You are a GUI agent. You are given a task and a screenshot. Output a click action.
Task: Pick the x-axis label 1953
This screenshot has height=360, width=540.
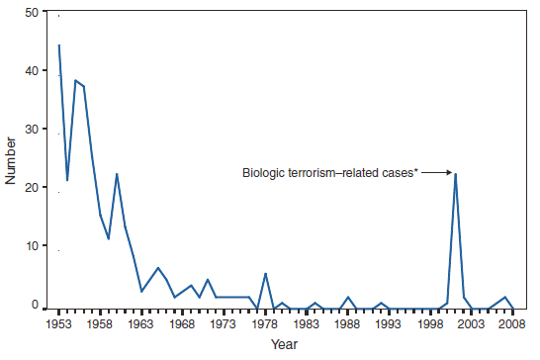point(58,323)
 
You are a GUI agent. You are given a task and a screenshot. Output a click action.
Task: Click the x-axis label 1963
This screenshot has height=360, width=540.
point(141,323)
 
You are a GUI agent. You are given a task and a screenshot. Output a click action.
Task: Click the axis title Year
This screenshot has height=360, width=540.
point(285,345)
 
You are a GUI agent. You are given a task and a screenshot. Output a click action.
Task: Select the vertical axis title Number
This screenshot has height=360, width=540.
point(11,160)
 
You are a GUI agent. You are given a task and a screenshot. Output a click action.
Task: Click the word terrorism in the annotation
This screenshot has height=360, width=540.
point(315,173)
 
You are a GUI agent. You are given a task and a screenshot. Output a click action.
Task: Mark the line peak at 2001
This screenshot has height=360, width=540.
point(455,174)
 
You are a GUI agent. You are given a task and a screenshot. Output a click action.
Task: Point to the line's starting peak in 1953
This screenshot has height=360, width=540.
point(58,45)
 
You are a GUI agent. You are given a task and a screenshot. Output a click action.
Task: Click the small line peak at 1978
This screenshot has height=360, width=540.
point(265,273)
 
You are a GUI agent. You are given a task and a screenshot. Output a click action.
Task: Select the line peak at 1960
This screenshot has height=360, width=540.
point(117,174)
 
